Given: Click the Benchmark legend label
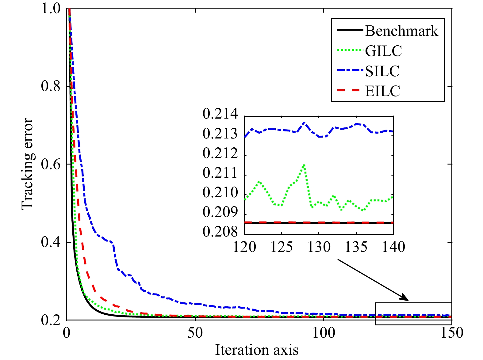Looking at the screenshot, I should click(401, 31).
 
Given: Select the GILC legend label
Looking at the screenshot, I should click(383, 51).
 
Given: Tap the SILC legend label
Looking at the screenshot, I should click(382, 71).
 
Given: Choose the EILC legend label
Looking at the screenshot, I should click(382, 91).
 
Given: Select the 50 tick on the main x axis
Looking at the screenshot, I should click(195, 332).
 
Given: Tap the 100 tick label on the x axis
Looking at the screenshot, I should click(324, 332).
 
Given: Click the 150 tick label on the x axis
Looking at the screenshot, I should click(451, 332).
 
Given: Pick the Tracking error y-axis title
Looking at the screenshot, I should click(27, 164).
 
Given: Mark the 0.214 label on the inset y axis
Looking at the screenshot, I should click(220, 114).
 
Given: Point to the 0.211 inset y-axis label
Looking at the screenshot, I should click(220, 173).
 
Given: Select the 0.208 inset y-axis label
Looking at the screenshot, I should click(220, 232).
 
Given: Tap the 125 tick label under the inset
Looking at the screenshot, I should click(282, 247).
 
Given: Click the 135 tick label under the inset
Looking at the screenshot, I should click(356, 247).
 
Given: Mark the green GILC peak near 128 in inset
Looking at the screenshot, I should click(304, 165).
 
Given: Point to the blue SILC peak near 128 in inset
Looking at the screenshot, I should click(304, 122).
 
